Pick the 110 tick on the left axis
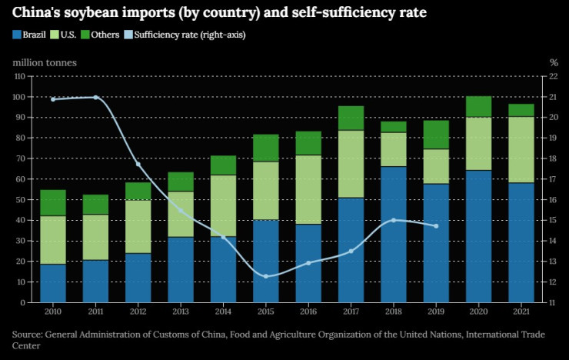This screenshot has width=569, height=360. (18, 77)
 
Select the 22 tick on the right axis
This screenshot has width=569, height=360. (553, 77)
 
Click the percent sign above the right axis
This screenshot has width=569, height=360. (553, 62)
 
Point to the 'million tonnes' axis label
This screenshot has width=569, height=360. (44, 62)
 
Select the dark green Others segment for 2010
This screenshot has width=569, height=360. (53, 203)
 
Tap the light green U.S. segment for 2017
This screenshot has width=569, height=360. (351, 164)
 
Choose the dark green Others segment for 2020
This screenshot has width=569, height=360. (478, 107)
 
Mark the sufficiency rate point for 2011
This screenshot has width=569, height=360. (95, 97)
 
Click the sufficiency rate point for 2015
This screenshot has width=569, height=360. (266, 276)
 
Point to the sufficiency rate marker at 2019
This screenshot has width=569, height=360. (436, 226)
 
